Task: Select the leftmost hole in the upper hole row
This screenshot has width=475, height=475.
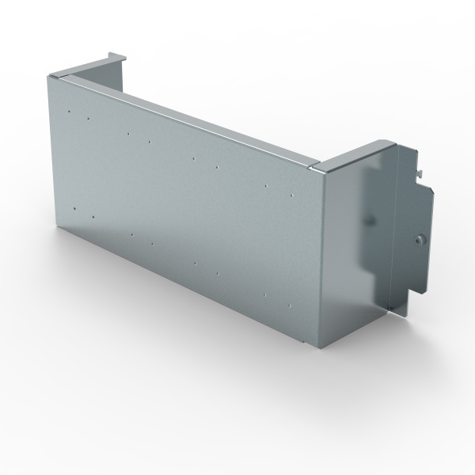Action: [70, 112]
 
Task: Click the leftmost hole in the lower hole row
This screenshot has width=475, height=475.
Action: [74, 207]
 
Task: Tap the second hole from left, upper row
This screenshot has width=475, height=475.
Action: [88, 119]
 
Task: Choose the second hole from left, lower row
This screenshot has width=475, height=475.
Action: [93, 216]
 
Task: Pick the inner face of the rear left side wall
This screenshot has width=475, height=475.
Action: [95, 70]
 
